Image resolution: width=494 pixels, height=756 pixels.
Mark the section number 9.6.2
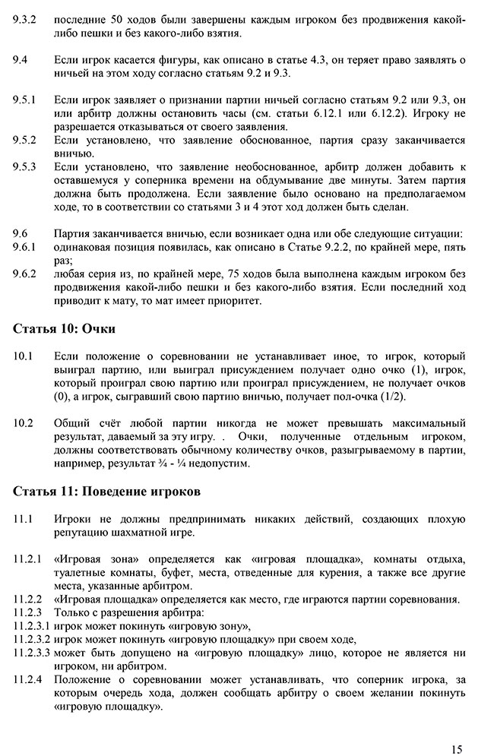(28, 272)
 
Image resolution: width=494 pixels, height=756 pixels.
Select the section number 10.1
(25, 356)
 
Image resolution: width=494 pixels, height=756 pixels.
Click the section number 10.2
(25, 422)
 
